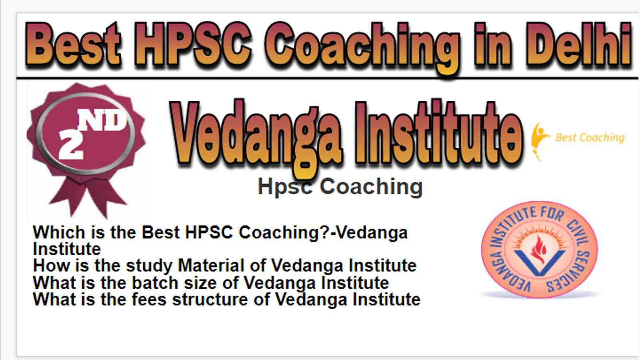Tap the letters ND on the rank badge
(102, 120)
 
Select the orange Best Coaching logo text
(590, 138)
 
